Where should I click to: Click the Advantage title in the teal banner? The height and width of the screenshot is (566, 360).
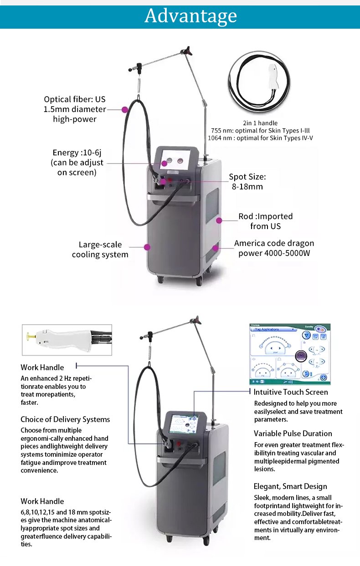click(x=190, y=15)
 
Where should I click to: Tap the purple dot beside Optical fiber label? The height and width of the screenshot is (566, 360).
click(x=124, y=109)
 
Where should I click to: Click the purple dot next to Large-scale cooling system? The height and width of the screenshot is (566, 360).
click(x=147, y=247)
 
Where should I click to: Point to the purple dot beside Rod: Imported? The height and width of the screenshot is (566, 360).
click(x=219, y=220)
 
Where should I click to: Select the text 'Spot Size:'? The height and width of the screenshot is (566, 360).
click(x=247, y=177)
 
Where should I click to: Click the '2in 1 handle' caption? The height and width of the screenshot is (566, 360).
click(x=260, y=123)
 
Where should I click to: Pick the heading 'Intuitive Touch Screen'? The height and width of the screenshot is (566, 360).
click(x=291, y=392)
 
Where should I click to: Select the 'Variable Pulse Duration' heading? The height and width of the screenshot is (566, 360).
click(x=293, y=433)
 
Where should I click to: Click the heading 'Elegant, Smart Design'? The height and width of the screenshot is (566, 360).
click(x=290, y=486)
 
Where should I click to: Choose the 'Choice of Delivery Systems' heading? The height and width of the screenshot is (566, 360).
click(x=65, y=419)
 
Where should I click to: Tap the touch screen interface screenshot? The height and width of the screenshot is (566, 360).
click(x=290, y=354)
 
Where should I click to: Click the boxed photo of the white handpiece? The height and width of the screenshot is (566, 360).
click(x=67, y=340)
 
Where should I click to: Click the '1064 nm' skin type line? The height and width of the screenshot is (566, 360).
click(x=260, y=138)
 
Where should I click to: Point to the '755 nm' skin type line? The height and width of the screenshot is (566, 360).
click(x=260, y=130)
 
